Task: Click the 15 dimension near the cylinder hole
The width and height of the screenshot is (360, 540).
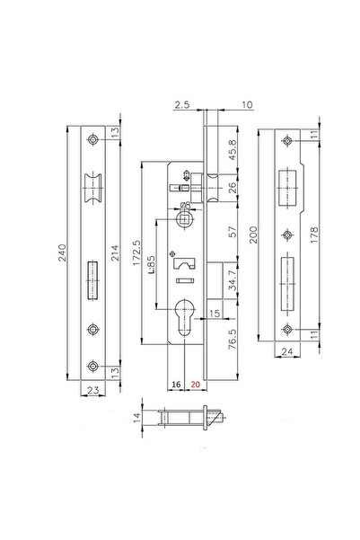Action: click(x=215, y=313)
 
